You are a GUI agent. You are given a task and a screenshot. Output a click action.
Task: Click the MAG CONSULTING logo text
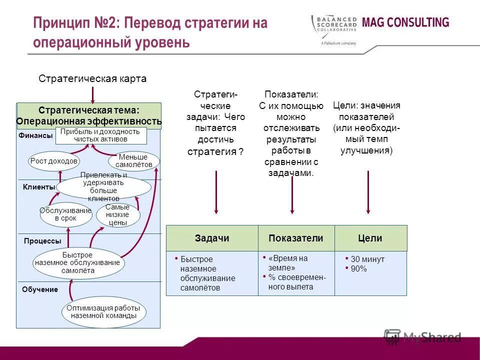405,22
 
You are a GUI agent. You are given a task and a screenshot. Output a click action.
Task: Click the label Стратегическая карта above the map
92,79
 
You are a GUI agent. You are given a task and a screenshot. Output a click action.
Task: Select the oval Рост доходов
54,161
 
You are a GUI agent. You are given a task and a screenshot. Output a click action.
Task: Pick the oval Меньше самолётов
133,161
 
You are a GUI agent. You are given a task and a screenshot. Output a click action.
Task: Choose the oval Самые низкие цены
118,215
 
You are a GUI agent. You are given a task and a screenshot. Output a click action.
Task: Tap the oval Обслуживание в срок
65,214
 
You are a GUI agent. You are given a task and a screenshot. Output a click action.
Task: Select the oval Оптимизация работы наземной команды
103,312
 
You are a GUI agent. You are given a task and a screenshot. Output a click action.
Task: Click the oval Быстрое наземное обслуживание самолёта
78,263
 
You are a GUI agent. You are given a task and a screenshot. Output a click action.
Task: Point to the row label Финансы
35,135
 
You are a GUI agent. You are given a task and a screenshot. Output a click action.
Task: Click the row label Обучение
40,289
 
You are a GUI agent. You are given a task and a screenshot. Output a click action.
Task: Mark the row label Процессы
42,240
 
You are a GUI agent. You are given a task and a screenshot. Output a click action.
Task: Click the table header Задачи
212,238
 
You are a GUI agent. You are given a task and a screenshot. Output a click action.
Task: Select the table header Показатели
296,238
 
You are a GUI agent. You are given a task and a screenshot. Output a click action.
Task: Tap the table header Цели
370,238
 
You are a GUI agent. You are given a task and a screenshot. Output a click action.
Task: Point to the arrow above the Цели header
368,192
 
